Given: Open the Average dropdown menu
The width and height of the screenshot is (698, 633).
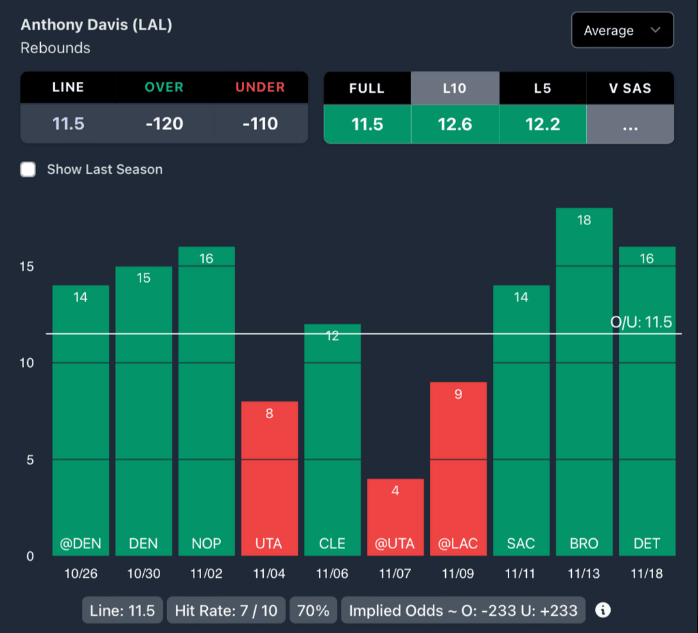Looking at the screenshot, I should [622, 30].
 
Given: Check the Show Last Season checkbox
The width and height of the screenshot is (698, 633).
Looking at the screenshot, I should [28, 169].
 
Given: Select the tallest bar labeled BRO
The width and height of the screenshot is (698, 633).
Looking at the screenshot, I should [583, 382].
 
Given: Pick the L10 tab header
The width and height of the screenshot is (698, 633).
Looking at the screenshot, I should [455, 88].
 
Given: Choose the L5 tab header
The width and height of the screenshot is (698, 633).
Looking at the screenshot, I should [543, 88].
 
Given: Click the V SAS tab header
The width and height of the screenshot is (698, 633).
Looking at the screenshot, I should [630, 88].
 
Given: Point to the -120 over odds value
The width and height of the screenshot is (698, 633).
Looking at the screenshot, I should [164, 123].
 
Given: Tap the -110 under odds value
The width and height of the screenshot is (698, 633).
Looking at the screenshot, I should [260, 123].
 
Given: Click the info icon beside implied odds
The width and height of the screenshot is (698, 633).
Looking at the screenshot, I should [603, 610].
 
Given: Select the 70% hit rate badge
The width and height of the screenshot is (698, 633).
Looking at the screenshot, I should [314, 610].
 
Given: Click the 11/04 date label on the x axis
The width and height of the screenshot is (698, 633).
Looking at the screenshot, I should [269, 574].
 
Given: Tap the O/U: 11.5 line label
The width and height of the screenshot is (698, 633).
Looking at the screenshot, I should [641, 322].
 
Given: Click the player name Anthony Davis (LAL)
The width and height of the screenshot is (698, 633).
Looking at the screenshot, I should [96, 25].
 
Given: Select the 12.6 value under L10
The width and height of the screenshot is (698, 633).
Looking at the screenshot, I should [455, 123].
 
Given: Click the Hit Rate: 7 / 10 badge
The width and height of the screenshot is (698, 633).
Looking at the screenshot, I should [226, 610].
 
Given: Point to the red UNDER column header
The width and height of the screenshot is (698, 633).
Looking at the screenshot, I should [260, 87].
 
